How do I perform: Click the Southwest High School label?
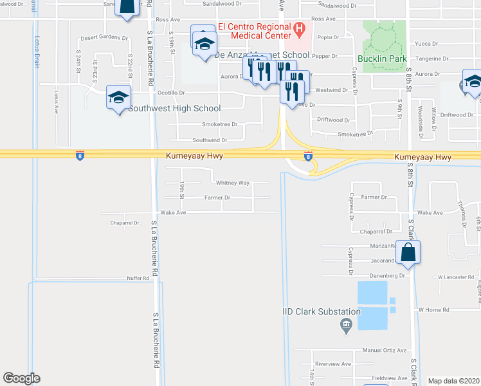coord(174,109)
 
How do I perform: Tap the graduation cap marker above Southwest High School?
coord(118,98)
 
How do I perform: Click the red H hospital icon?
coord(299,29)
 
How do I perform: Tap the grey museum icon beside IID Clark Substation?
coord(347,325)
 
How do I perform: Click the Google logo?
coord(21,378)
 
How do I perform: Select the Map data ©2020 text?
coord(454,381)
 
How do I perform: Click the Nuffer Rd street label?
coord(137,278)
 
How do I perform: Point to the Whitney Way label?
coord(233,183)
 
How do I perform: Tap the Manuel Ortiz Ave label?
coord(385,351)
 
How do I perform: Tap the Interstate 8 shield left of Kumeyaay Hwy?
coord(79,156)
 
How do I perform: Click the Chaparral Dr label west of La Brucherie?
coord(125,223)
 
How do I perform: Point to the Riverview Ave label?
coord(338,363)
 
